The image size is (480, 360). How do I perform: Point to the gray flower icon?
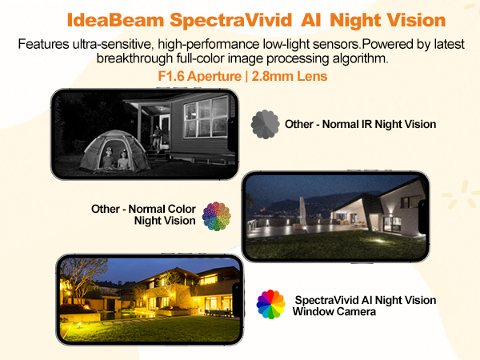coord(265,124)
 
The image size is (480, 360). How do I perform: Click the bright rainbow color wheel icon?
coord(271,305)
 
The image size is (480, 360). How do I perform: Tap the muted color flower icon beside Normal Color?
coord(216,215)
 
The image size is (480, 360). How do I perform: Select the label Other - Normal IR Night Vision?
coord(360,124)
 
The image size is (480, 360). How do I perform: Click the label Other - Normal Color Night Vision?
coord(143,214)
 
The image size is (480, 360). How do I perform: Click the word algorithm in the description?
coord(362,59)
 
